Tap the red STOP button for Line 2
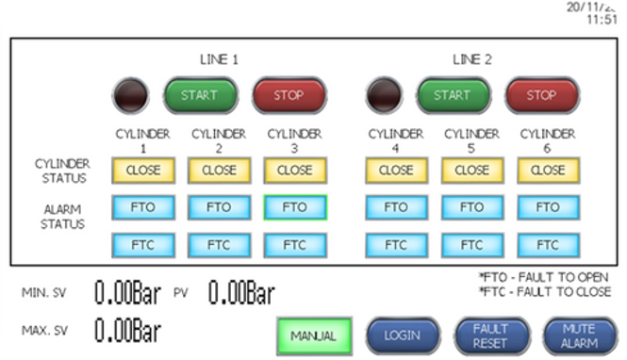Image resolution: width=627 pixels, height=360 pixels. pos(540,95)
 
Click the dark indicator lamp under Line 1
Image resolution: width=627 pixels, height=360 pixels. pos(129,95)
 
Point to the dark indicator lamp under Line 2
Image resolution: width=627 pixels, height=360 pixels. pos(384,95)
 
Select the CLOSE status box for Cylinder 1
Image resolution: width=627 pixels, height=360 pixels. pos(143,171)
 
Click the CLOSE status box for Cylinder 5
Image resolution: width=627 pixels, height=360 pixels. pos(471,171)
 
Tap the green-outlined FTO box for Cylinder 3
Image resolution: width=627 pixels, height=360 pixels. pos(295,207)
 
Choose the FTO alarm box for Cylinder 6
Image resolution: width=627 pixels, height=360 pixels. pos(547,207)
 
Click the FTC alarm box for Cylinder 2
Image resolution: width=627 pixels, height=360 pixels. pos(219,244)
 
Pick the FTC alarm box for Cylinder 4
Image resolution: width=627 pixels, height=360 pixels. pos(396,244)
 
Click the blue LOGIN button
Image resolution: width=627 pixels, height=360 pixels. pos(404,335)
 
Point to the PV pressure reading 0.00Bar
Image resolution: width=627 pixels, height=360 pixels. pos(240,294)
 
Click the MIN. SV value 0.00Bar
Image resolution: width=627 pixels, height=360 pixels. pos(127,294)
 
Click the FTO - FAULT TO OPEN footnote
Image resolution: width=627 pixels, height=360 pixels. pos(545,278)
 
